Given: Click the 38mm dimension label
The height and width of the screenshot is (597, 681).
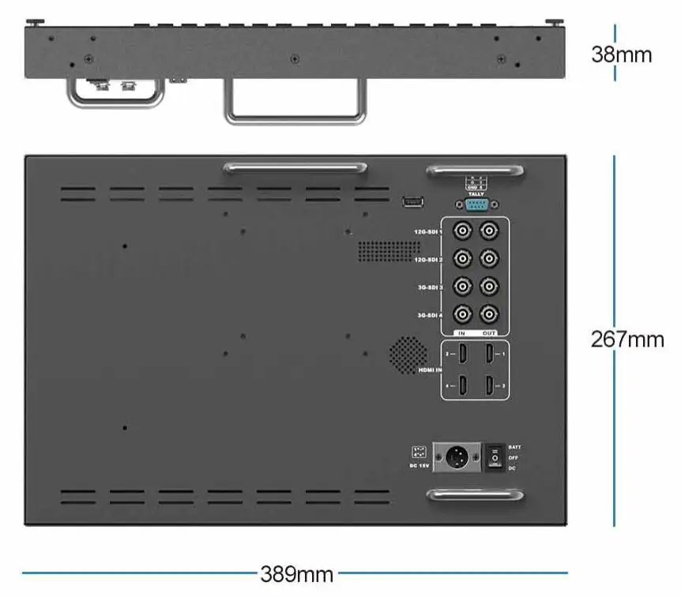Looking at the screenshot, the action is click(x=622, y=54).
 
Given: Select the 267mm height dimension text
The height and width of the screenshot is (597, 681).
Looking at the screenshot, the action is click(x=627, y=340).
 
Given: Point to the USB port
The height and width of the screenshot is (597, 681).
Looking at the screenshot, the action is click(x=412, y=202).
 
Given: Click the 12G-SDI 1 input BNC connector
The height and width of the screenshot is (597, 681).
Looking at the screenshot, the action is click(x=462, y=231).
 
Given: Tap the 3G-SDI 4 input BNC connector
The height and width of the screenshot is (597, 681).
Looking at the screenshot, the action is click(x=462, y=314).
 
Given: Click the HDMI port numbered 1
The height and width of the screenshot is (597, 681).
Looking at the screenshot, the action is click(x=491, y=355).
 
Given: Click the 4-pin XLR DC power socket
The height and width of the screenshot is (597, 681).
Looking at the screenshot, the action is click(x=456, y=457).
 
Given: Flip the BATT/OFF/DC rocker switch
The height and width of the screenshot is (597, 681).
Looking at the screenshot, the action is click(x=495, y=457).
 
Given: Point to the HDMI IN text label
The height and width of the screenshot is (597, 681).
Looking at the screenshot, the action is click(x=429, y=370).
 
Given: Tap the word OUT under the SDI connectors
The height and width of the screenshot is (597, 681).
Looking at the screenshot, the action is click(x=490, y=332).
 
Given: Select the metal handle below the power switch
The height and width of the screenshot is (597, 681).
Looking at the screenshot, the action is click(x=475, y=495).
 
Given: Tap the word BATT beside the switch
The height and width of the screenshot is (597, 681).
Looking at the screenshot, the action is click(x=514, y=447).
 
